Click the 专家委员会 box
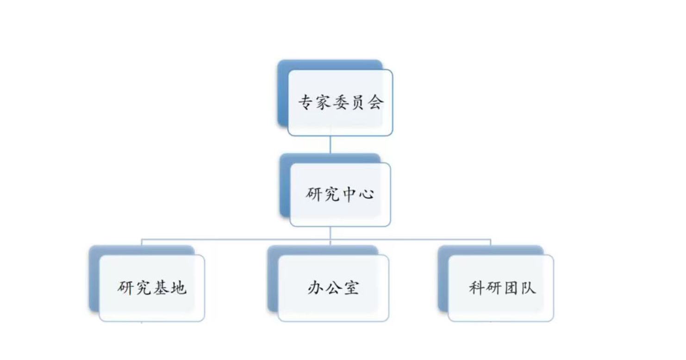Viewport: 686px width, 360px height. click(x=340, y=102)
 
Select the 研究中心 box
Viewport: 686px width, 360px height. click(x=340, y=194)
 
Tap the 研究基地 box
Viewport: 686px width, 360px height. click(x=152, y=288)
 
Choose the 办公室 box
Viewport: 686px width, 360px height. click(x=333, y=288)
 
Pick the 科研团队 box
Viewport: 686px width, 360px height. click(x=501, y=288)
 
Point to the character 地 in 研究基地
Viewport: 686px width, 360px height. click(x=178, y=288)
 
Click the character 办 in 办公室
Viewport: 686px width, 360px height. click(x=316, y=288)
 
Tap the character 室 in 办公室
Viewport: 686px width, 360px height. click(x=350, y=288)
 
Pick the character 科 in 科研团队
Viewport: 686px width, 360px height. click(x=476, y=288)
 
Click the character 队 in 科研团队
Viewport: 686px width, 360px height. click(x=527, y=288)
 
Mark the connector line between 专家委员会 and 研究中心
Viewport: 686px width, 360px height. click(x=330, y=144)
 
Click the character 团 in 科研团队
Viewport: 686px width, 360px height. click(x=510, y=288)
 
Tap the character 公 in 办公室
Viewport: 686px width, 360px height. click(x=333, y=288)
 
